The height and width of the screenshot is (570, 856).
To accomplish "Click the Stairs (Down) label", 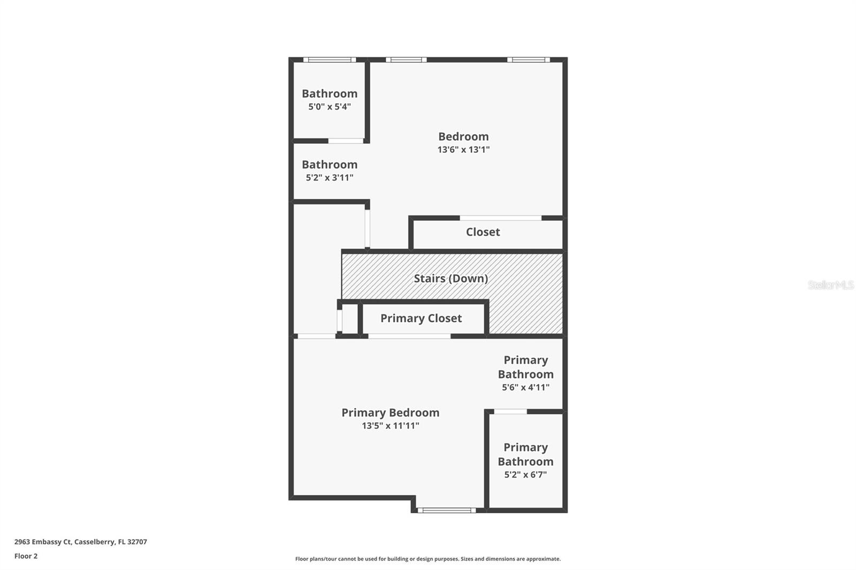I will coord(450,279).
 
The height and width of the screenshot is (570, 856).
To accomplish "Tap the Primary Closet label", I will coord(421,319).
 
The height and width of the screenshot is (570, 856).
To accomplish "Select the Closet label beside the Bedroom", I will coord(483,232).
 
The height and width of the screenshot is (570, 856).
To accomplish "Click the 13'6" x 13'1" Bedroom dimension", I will coord(463,150).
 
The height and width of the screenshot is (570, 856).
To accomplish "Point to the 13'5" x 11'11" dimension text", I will coord(390,426).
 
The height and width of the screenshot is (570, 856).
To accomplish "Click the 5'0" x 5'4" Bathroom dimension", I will coord(330,107).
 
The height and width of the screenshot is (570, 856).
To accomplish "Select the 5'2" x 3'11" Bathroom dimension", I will coord(330,178).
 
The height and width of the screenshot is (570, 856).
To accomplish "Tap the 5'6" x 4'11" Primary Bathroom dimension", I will coord(525,388).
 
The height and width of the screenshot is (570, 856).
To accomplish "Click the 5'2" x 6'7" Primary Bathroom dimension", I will coord(525,475).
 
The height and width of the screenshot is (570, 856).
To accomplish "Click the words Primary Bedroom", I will coord(390,413).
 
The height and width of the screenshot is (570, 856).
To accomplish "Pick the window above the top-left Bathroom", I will coord(329,60).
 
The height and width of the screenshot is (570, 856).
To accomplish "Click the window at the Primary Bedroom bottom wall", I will coord(447,511).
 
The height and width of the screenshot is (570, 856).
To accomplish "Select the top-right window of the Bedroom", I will coord(528,60).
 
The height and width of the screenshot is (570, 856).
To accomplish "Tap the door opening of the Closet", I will coord(500,218).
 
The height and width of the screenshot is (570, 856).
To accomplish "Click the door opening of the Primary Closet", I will coord(409,336).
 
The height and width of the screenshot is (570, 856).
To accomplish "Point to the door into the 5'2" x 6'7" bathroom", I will coord(510,412).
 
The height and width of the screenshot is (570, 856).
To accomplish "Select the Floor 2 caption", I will coord(26,556).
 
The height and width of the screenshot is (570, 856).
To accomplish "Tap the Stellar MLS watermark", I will coord(830,285).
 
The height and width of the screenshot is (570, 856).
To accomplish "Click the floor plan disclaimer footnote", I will coord(428,559).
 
